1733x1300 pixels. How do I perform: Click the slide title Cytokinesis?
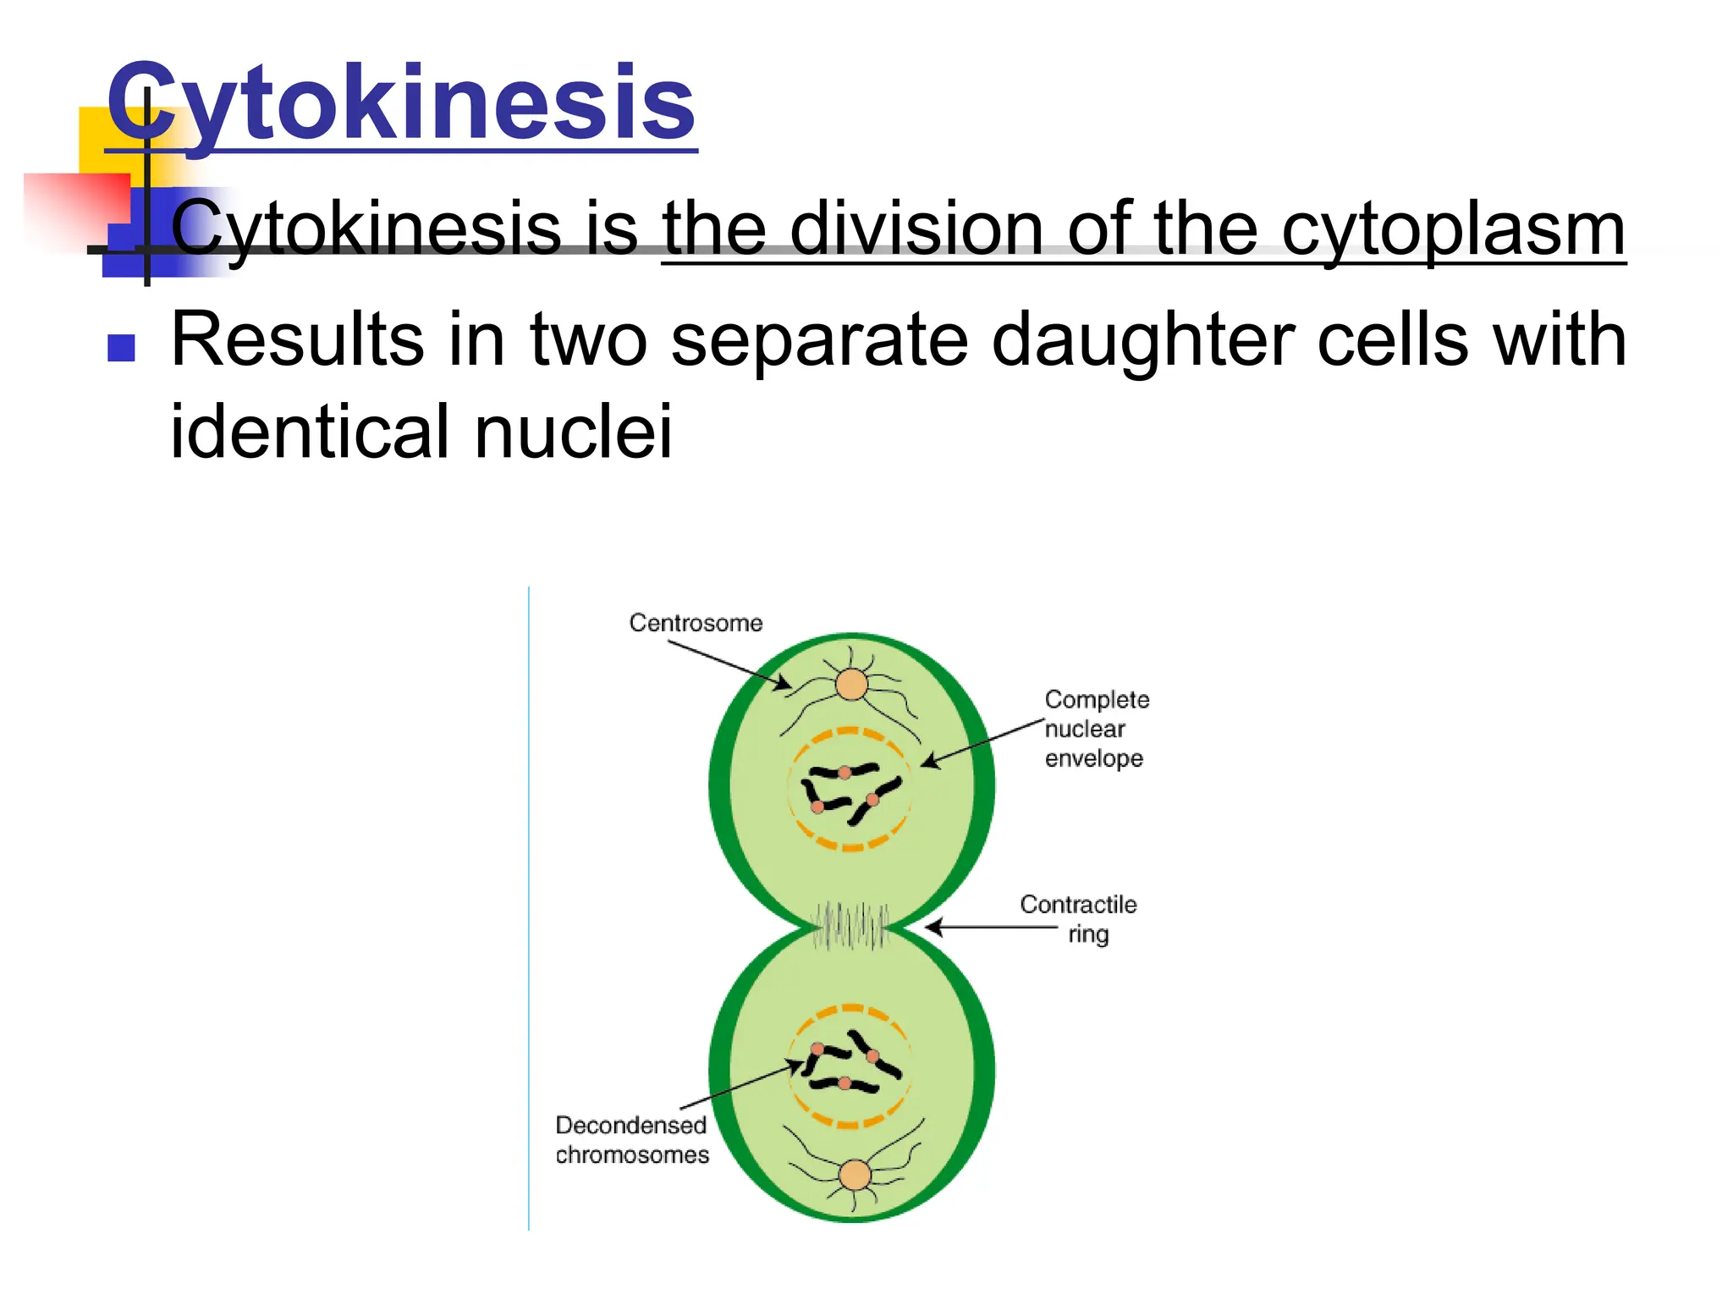[401, 103]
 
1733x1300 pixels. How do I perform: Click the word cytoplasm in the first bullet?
[1452, 229]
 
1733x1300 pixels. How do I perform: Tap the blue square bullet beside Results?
[122, 348]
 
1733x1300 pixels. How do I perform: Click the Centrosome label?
[696, 623]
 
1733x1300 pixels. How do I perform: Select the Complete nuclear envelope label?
[1096, 729]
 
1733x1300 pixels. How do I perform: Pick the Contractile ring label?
[1079, 919]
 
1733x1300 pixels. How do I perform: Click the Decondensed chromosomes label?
[631, 1140]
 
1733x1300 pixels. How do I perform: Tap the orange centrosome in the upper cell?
[852, 685]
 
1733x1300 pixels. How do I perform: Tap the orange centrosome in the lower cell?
[855, 1175]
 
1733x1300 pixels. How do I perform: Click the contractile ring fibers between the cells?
[850, 926]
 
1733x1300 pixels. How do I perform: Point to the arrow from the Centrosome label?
[729, 665]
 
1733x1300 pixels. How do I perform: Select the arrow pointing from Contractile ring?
[990, 928]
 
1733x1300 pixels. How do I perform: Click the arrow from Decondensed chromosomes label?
[740, 1085]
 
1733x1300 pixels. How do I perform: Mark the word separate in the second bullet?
[818, 340]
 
